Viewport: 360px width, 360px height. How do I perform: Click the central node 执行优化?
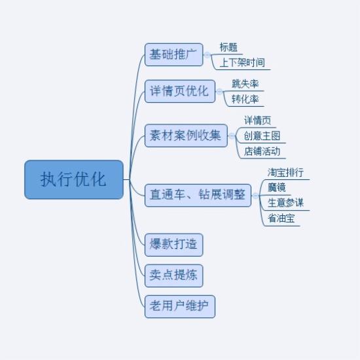pyautogui.click(x=74, y=179)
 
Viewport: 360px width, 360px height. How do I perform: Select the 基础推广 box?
pyautogui.click(x=174, y=54)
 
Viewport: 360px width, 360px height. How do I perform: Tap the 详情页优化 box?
pyautogui.click(x=180, y=91)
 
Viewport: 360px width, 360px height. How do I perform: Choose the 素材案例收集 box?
pyautogui.click(x=186, y=135)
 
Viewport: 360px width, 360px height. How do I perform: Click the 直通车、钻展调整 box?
pyautogui.click(x=198, y=195)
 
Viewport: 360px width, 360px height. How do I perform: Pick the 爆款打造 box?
pyautogui.click(x=174, y=245)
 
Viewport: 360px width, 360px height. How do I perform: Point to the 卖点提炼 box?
pyautogui.click(x=174, y=276)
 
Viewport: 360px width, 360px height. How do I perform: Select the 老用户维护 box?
pyautogui.click(x=180, y=306)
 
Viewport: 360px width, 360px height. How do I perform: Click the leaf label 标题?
pyautogui.click(x=228, y=47)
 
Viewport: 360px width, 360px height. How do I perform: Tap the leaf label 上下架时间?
pyautogui.click(x=242, y=62)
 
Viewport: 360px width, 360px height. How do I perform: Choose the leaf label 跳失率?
pyautogui.click(x=245, y=84)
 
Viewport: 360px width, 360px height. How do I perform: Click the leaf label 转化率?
pyautogui.click(x=245, y=99)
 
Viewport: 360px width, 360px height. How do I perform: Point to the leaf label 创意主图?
pyautogui.click(x=262, y=135)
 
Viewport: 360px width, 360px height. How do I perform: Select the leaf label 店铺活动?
pyautogui.click(x=262, y=151)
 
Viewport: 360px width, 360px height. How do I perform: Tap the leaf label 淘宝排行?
pyautogui.click(x=285, y=172)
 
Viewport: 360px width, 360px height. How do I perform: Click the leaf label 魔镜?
pyautogui.click(x=277, y=188)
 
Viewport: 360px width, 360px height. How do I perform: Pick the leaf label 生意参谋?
pyautogui.click(x=285, y=203)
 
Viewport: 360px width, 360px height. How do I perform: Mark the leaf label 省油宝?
pyautogui.click(x=281, y=219)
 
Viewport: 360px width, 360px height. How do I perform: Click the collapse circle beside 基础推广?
pyautogui.click(x=207, y=55)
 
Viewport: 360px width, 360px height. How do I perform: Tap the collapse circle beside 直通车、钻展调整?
pyautogui.click(x=255, y=196)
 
